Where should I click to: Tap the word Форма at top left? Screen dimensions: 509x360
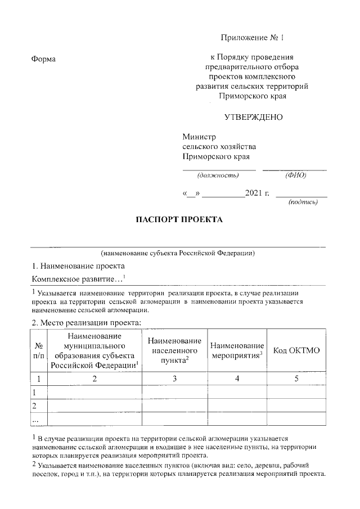44,59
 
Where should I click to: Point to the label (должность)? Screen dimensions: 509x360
219,175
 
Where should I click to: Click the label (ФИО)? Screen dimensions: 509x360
295,175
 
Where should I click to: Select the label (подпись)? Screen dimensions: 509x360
303,202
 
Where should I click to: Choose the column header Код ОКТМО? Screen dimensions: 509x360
296,350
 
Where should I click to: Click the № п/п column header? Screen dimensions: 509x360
39,350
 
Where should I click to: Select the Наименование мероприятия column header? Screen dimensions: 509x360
237,350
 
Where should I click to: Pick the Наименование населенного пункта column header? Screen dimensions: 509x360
174,350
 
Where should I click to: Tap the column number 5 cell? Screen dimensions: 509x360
296,379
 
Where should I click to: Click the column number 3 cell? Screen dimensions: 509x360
174,379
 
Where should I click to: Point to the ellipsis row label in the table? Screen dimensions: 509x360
35,420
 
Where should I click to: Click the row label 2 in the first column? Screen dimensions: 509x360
35,406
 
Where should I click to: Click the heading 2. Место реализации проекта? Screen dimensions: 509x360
86,322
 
